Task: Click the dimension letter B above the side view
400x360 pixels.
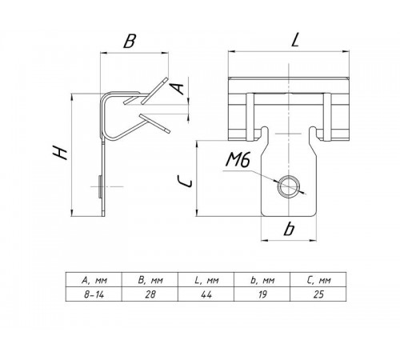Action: coord(130,42)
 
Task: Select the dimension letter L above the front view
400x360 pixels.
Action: coord(294,40)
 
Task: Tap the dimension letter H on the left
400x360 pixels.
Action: coord(60,153)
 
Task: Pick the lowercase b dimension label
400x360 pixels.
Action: coord(289,229)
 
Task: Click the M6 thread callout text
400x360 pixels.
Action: coord(238,161)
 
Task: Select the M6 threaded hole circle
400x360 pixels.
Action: coord(288,186)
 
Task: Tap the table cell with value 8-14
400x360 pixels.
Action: coord(94,294)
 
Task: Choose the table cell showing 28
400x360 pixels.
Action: coord(150,294)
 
